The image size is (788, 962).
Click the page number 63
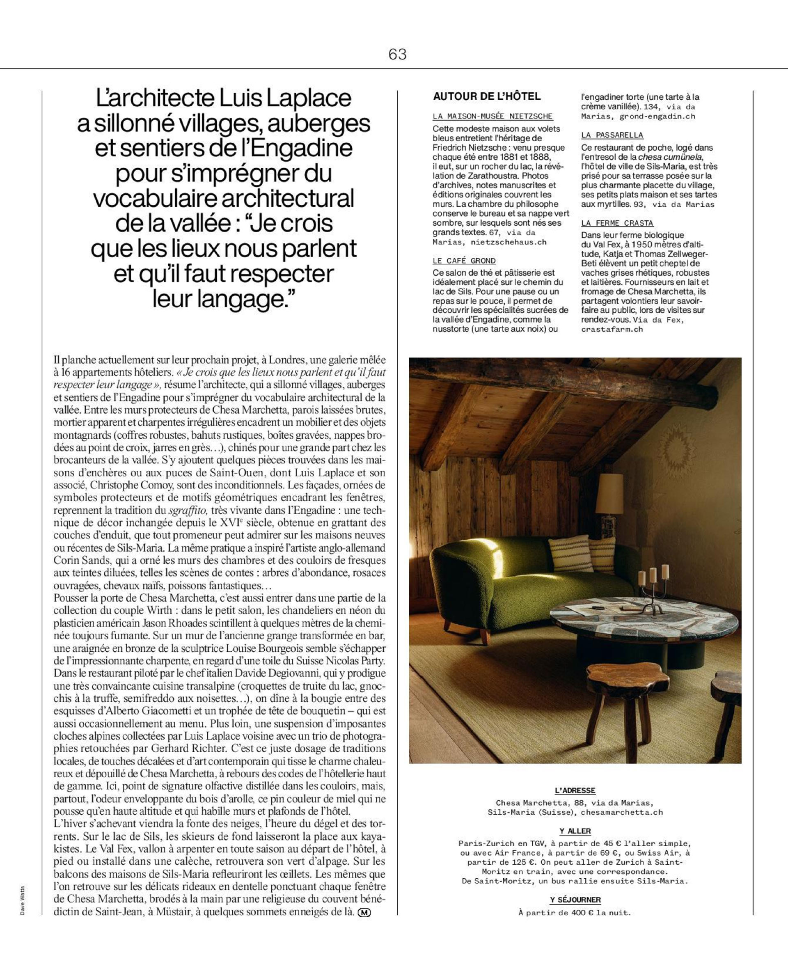click(x=397, y=55)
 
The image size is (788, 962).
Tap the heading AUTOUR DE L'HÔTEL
click(x=487, y=96)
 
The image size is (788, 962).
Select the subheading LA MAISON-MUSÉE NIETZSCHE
click(x=492, y=116)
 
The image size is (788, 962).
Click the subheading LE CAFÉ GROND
click(x=464, y=261)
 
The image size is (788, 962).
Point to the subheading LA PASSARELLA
click(x=612, y=135)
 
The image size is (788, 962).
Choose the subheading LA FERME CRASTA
click(x=617, y=223)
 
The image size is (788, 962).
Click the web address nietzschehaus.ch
click(x=509, y=242)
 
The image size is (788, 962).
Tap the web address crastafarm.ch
click(x=612, y=329)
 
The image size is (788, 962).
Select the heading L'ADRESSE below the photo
click(x=575, y=790)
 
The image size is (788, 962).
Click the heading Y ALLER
click(x=575, y=831)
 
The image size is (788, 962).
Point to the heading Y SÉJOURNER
click(x=575, y=899)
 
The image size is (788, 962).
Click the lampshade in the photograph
click(x=609, y=494)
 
